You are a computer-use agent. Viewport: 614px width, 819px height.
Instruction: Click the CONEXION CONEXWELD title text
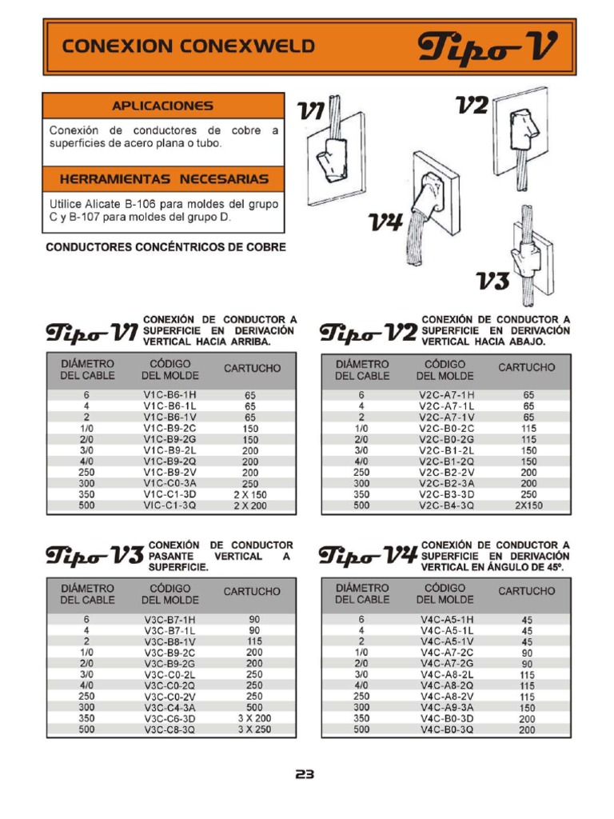[189, 46]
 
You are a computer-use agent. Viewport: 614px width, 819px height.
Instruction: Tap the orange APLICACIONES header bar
[163, 106]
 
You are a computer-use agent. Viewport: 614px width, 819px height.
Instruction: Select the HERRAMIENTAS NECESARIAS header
[163, 178]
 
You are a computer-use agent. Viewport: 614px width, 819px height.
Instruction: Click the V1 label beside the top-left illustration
[312, 113]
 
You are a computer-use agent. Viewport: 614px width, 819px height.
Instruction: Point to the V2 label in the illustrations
[472, 106]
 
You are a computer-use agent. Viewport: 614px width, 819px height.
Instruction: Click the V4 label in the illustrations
[385, 222]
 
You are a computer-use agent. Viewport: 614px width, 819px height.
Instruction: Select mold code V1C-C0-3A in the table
[169, 484]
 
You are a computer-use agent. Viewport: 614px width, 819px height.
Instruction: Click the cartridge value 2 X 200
[250, 506]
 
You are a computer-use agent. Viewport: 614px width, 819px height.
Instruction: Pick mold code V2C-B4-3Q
[446, 505]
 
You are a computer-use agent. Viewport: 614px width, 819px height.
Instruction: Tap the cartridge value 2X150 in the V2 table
[528, 505]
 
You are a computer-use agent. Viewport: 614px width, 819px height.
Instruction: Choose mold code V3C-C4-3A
[169, 708]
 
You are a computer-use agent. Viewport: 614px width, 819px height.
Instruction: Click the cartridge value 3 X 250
[254, 729]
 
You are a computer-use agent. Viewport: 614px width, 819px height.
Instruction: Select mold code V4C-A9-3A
[446, 707]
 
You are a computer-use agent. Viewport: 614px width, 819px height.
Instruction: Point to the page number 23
[305, 774]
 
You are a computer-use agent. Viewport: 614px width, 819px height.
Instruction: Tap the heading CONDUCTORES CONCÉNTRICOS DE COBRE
[165, 247]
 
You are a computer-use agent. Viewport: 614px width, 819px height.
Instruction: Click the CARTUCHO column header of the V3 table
[252, 592]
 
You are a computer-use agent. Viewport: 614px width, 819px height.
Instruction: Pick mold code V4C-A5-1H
[446, 619]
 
